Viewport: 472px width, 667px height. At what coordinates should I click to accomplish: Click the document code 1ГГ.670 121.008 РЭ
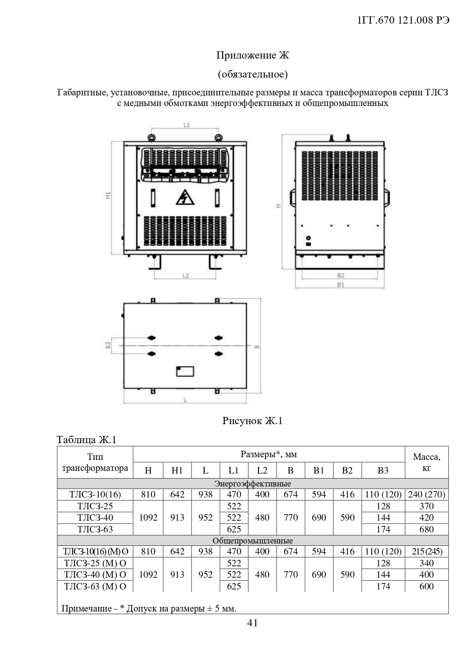(x=404, y=21)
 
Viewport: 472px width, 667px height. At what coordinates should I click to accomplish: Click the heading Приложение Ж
(x=253, y=55)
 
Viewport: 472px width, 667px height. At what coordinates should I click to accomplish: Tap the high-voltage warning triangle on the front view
(x=185, y=197)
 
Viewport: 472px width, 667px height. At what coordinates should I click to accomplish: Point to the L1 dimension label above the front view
(x=186, y=125)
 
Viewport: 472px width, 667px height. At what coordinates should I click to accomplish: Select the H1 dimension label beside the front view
(x=108, y=195)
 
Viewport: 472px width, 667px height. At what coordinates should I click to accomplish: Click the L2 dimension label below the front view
(x=186, y=275)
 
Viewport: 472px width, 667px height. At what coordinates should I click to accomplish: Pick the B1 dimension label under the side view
(x=340, y=284)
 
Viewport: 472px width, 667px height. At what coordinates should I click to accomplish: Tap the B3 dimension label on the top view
(x=108, y=345)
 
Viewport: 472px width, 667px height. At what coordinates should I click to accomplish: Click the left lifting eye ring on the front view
(x=151, y=137)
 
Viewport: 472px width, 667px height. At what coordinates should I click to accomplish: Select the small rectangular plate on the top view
(x=185, y=371)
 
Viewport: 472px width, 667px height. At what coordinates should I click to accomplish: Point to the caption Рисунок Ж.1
(x=252, y=421)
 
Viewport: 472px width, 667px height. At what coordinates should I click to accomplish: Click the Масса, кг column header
(x=426, y=462)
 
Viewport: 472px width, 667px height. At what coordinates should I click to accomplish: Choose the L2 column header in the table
(x=262, y=471)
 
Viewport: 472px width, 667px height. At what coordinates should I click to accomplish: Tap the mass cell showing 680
(x=426, y=529)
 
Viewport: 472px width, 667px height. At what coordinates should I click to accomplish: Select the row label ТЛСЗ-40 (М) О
(x=95, y=575)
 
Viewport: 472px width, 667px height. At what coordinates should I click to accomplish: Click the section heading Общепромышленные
(x=253, y=540)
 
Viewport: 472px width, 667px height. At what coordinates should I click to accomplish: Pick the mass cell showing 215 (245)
(x=427, y=551)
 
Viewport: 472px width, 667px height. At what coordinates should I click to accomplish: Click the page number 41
(x=253, y=623)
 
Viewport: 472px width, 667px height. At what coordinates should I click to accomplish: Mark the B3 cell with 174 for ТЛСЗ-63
(x=383, y=529)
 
